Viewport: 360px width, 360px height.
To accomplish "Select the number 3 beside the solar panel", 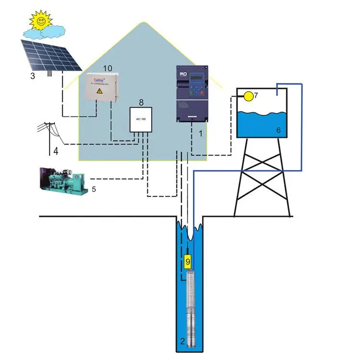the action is click(32, 76).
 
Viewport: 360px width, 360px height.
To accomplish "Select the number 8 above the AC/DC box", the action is click(141, 102).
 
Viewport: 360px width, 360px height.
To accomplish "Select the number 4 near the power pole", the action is click(56, 152).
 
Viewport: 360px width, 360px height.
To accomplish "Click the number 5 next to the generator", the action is click(94, 189).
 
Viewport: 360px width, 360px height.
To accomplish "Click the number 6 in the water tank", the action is click(278, 130).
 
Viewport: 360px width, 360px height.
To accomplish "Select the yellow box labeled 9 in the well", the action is click(188, 261).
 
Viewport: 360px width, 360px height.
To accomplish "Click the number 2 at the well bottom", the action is click(182, 341).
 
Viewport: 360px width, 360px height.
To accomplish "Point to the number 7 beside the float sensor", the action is click(256, 96).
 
